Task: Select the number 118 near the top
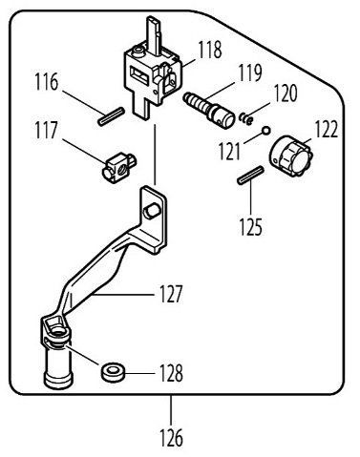pos(211,48)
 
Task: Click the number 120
pos(286,93)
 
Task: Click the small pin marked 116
pos(107,115)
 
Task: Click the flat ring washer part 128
pos(113,370)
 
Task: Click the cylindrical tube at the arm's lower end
pos(59,364)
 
